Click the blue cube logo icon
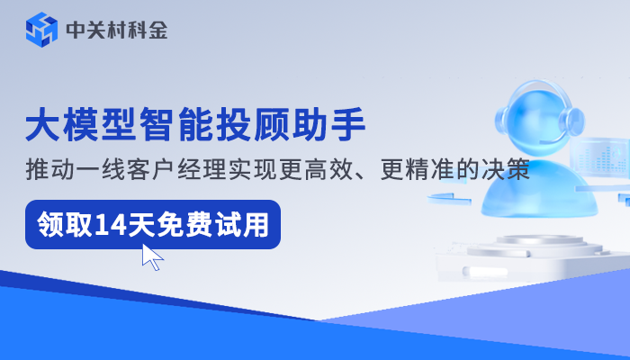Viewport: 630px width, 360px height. (41, 30)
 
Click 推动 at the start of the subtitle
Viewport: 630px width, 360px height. (48, 169)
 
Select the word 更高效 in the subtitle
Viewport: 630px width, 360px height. (344, 169)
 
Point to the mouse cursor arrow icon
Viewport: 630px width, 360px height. (152, 257)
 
